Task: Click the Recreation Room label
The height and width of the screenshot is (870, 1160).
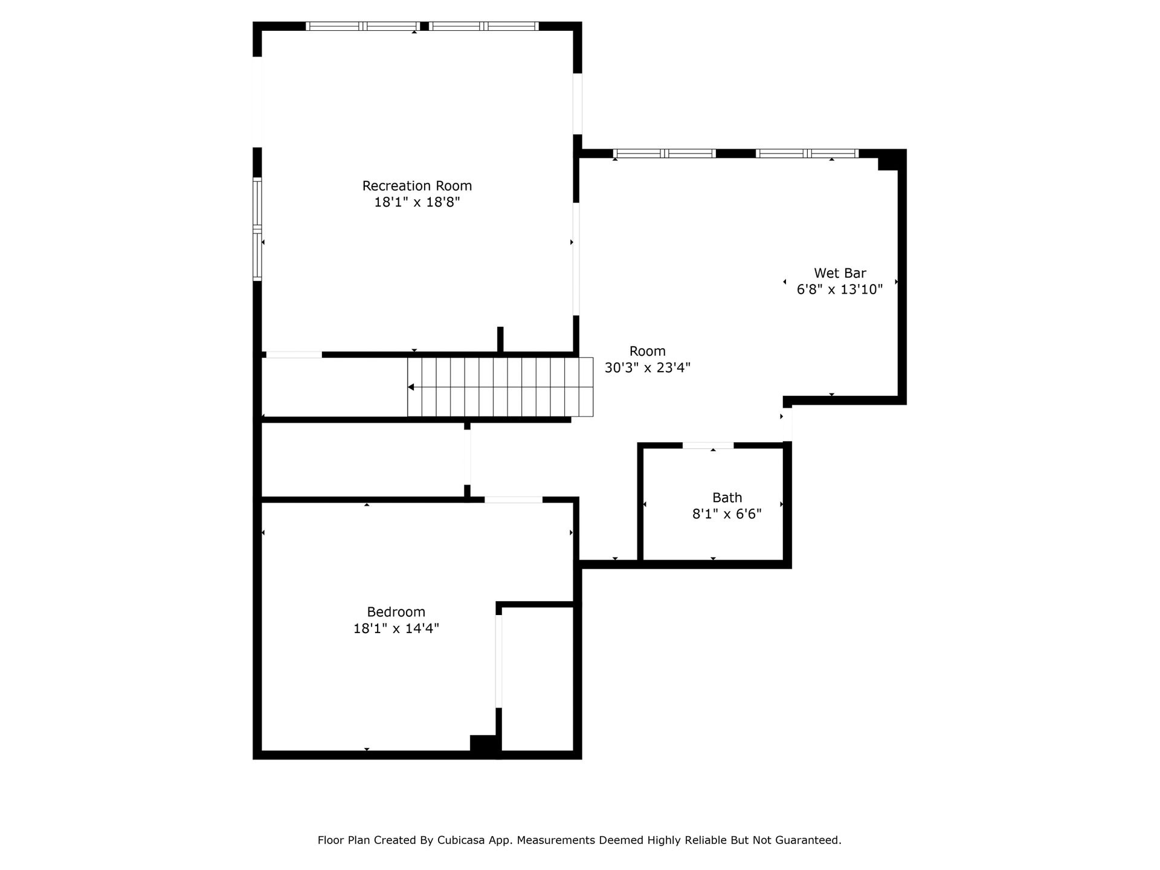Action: coord(417,186)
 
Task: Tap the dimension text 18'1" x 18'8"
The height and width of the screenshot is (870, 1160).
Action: coord(417,202)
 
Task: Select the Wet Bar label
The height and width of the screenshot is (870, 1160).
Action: coord(840,273)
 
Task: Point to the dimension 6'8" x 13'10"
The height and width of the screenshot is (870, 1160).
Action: coord(840,289)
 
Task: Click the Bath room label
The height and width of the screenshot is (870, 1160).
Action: coord(727,498)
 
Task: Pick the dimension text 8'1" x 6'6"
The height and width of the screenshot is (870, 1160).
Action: coord(727,514)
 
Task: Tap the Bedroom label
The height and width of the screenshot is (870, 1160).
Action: coord(396,612)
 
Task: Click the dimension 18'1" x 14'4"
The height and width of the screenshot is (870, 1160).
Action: coord(396,628)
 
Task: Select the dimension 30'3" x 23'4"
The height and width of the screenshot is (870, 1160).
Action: coord(648,367)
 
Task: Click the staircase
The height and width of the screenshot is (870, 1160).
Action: coord(500,387)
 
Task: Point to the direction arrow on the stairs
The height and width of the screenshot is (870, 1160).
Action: coord(410,387)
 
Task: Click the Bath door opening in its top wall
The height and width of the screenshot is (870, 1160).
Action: coord(708,446)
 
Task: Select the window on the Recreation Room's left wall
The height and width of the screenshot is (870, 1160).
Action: coord(257,229)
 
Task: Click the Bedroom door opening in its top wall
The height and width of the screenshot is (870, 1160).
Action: coord(514,500)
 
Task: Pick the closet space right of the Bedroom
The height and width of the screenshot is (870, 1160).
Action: coord(537,678)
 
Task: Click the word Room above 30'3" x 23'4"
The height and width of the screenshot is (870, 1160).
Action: coord(648,351)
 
